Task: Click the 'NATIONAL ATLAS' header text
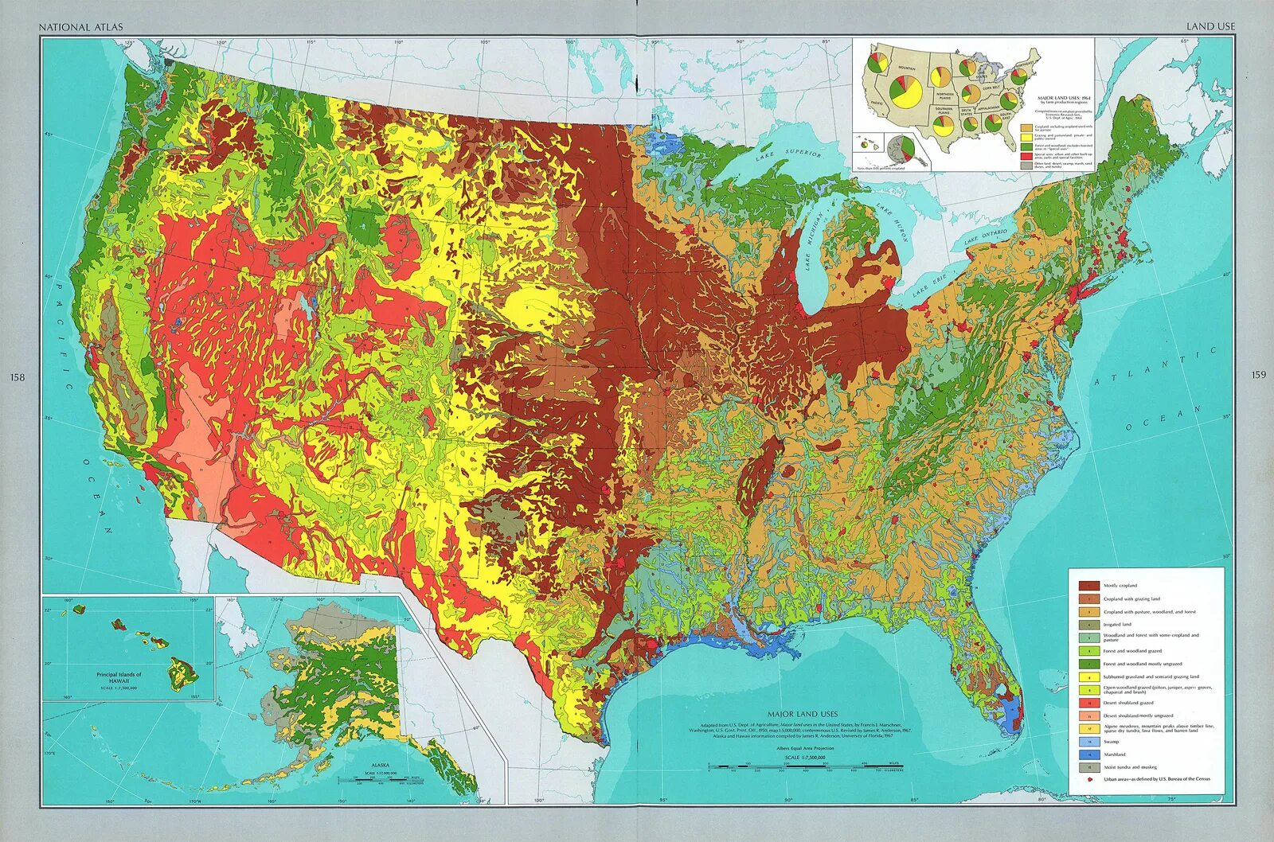[x=80, y=27]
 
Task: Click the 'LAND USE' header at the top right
[x=1210, y=26]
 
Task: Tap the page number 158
[x=18, y=376]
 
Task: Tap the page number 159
[x=1258, y=375]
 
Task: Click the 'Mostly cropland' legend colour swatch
[x=1088, y=585]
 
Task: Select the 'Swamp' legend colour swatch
[x=1088, y=742]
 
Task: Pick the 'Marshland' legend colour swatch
[x=1088, y=754]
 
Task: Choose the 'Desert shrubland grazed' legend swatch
[x=1088, y=703]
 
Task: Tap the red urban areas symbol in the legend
[x=1088, y=778]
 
